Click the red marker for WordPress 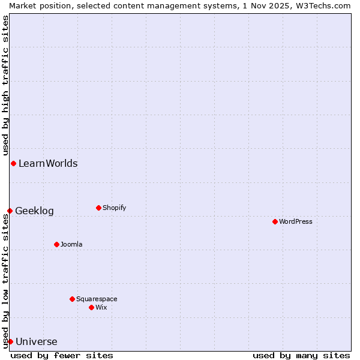point(275,221)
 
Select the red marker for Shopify point(98,208)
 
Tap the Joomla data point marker point(56,244)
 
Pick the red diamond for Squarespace point(72,299)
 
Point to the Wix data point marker point(91,307)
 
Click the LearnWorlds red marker point(13,163)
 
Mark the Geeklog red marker point(10,211)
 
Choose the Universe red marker point(10,341)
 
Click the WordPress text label point(296,221)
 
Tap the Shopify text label point(114,208)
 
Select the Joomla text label point(71,244)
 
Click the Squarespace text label point(97,299)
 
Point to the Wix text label point(101,307)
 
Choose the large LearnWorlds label point(48,163)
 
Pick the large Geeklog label point(34,211)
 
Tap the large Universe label point(37,341)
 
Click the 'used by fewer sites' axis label point(62,355)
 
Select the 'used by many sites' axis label point(301,355)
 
